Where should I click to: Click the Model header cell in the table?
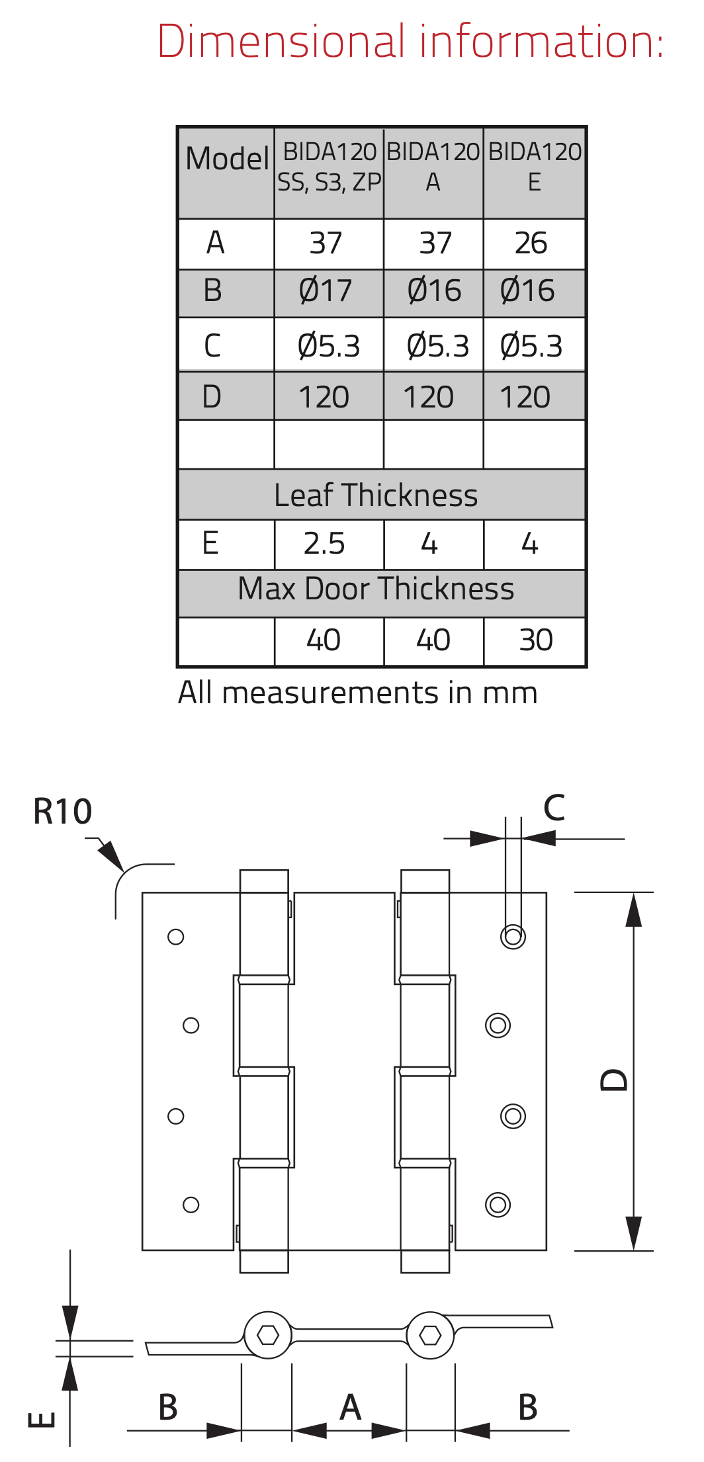(x=227, y=159)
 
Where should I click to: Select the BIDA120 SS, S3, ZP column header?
(x=329, y=167)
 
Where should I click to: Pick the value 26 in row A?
(x=531, y=243)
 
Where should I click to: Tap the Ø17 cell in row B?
(x=326, y=291)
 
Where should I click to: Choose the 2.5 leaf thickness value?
(x=324, y=544)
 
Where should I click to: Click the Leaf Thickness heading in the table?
(x=376, y=495)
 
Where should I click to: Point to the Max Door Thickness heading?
(x=376, y=589)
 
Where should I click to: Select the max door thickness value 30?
(x=535, y=640)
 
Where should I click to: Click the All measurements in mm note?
(x=358, y=693)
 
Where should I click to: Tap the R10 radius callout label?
(x=63, y=812)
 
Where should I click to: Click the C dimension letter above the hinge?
(x=554, y=808)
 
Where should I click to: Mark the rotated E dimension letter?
(x=42, y=1420)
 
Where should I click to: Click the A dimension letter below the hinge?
(x=350, y=1407)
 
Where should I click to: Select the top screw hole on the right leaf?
(x=513, y=937)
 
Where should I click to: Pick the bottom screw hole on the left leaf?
(x=191, y=1205)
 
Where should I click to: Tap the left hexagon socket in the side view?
(x=268, y=1335)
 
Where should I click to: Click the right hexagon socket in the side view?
(x=430, y=1335)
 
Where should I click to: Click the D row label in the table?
(x=212, y=397)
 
